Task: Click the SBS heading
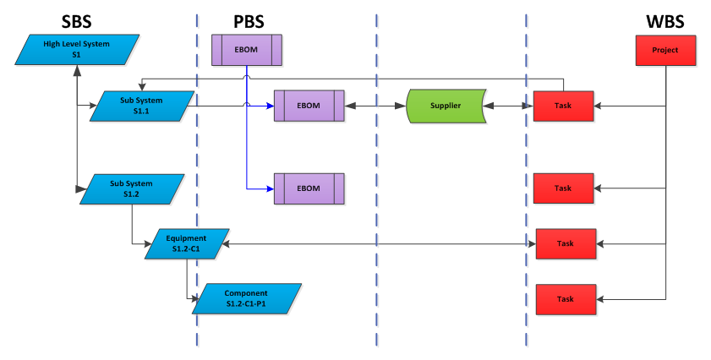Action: point(78,20)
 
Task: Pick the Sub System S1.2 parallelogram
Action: point(131,188)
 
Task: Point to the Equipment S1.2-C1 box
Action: point(186,244)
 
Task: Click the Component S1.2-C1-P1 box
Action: point(246,298)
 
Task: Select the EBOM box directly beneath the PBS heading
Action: point(246,50)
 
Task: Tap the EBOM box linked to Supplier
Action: point(309,106)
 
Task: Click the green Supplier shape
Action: point(446,106)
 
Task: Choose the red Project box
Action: point(665,50)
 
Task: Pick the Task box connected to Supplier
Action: point(563,106)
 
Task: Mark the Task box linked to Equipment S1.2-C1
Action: point(566,243)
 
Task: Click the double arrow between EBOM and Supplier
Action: point(376,106)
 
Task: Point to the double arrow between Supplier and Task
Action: point(508,106)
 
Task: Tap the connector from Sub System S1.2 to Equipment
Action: point(133,228)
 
